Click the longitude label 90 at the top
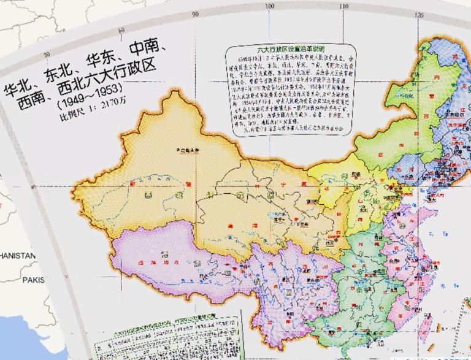pyautogui.click(x=195, y=13)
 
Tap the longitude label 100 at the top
pyautogui.click(x=270, y=7)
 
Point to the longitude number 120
pyautogui.click(x=419, y=15)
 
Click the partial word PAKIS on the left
pyautogui.click(x=34, y=280)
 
